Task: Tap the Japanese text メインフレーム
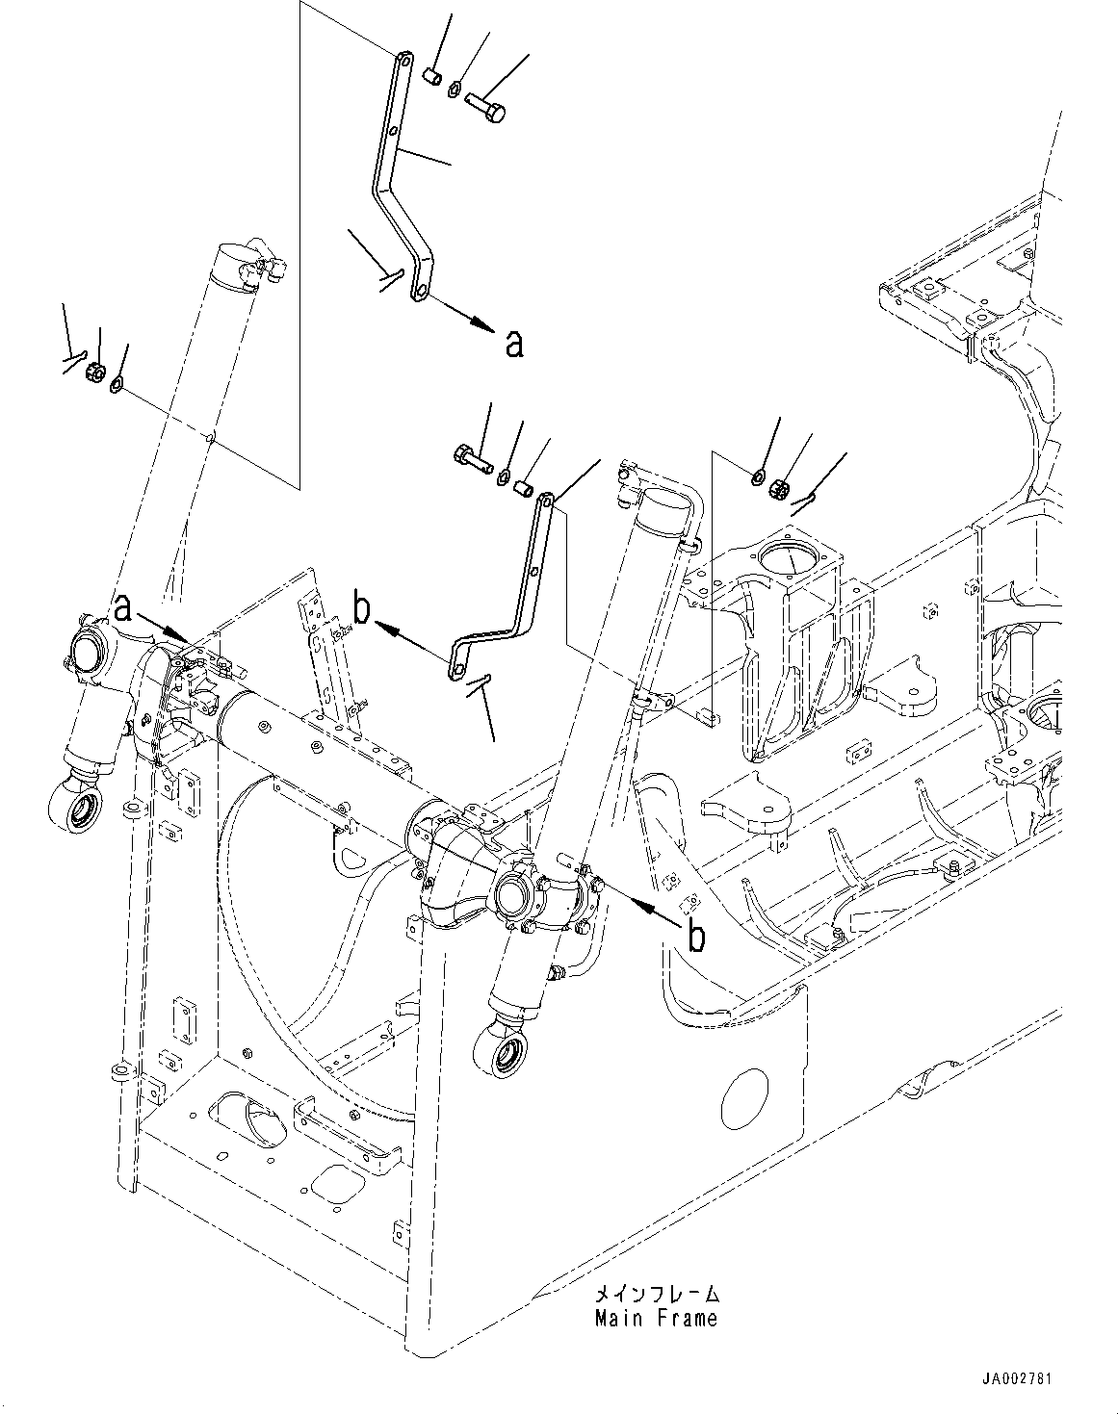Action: tap(656, 1295)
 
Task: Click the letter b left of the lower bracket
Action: tap(361, 609)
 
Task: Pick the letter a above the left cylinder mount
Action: tap(122, 608)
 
